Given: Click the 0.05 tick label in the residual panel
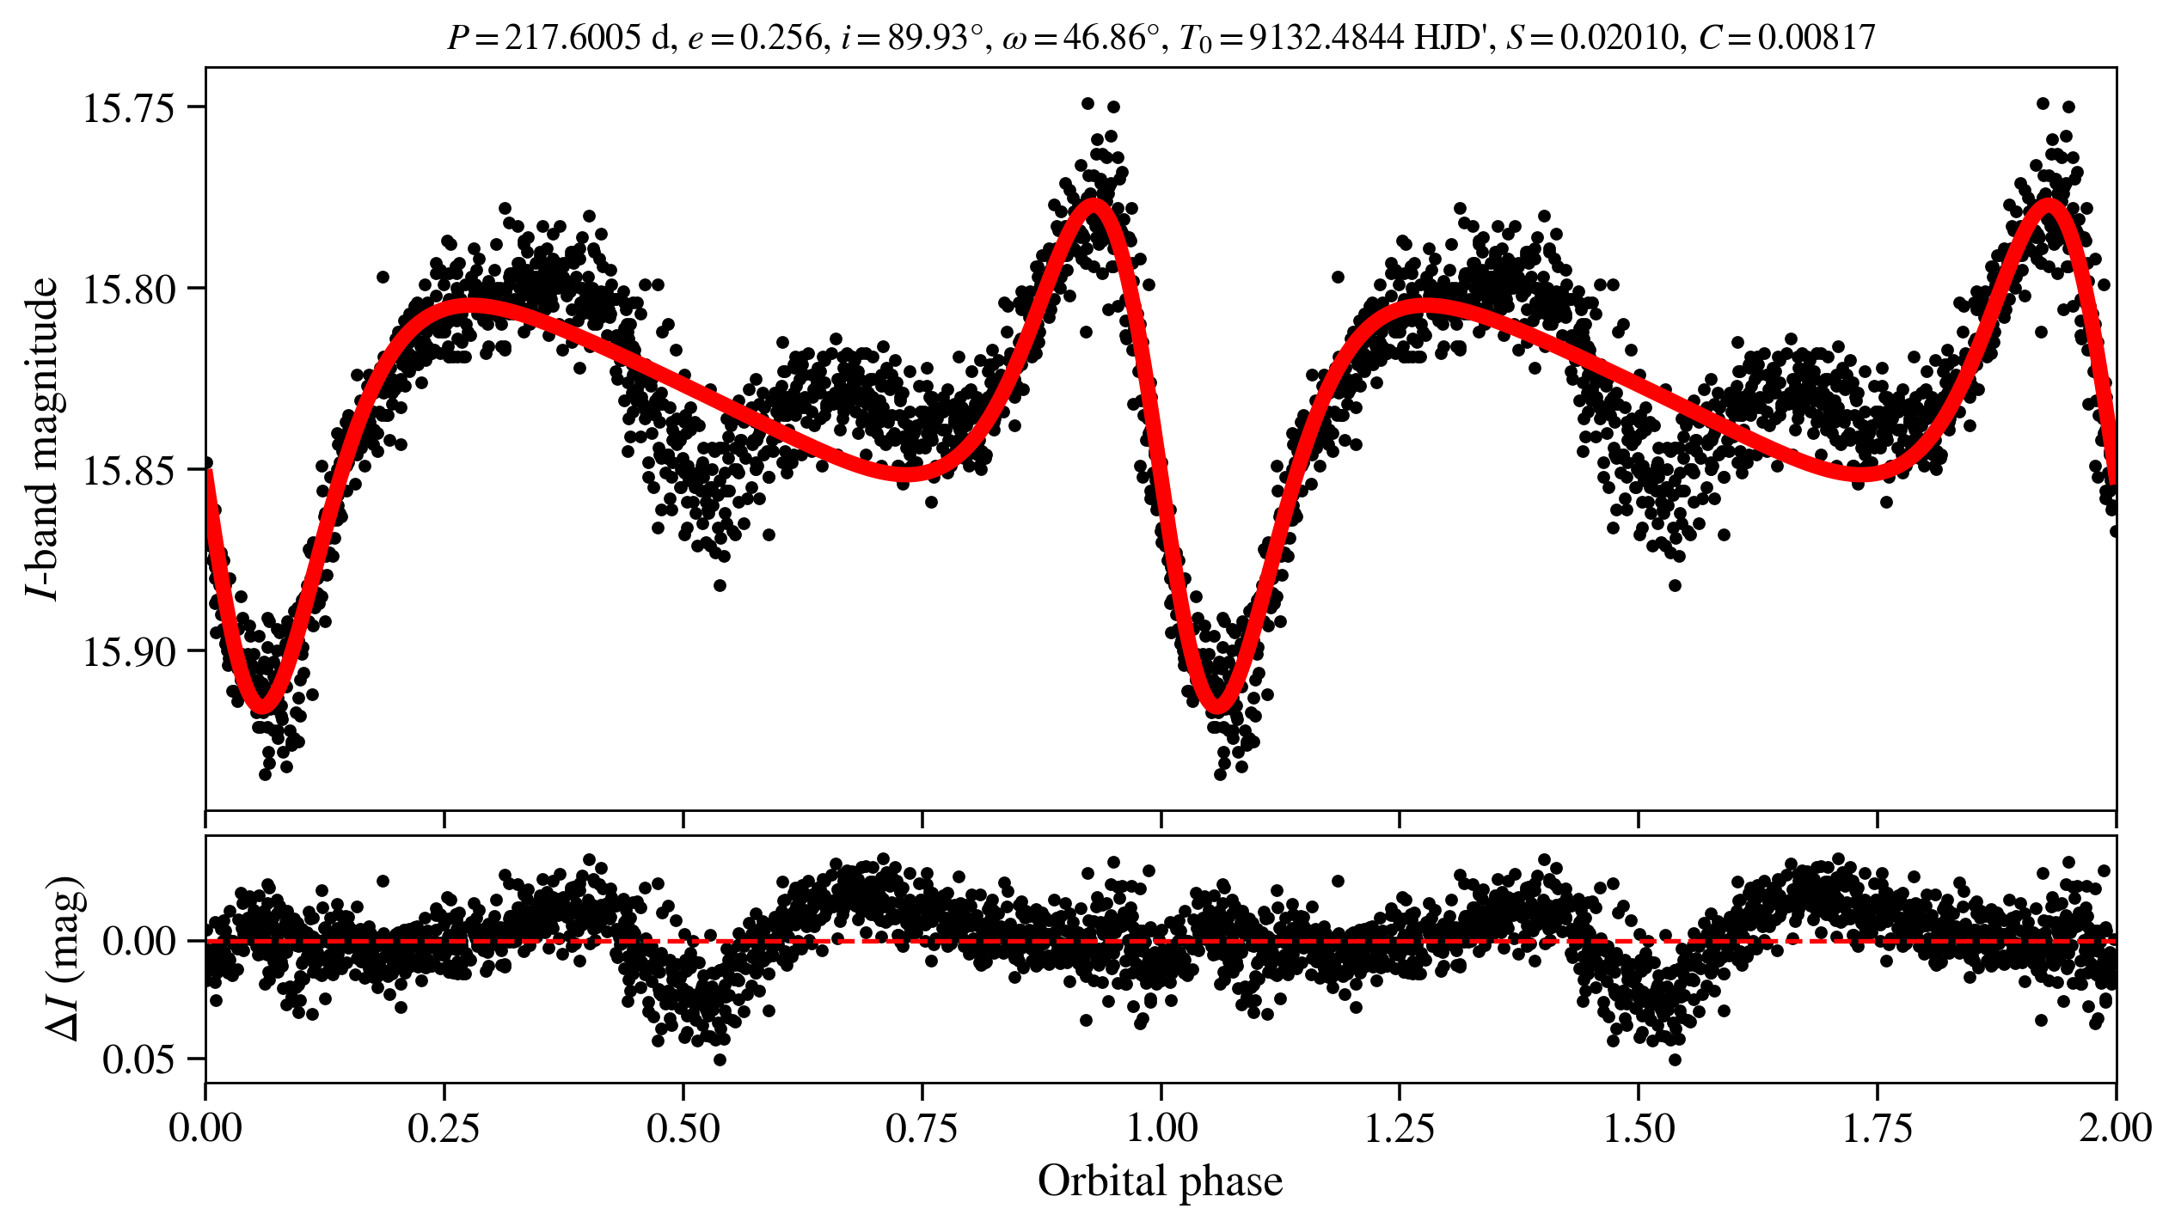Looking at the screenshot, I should [138, 1060].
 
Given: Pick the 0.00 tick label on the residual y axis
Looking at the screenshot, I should [138, 942].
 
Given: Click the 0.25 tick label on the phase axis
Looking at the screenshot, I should [444, 1128].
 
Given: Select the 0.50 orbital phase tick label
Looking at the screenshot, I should [683, 1128].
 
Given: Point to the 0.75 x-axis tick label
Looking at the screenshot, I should [922, 1128].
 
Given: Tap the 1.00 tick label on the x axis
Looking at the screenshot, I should [1161, 1128].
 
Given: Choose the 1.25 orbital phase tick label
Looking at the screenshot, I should [1400, 1128].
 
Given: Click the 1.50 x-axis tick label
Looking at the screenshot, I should [1639, 1128].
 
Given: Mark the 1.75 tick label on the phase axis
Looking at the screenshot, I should [1878, 1128].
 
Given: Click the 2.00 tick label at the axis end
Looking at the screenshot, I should [2115, 1128].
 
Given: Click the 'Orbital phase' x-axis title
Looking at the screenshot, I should [1160, 1181].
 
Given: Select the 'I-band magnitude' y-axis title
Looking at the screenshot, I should [43, 439].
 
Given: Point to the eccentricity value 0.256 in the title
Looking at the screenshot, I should [781, 37].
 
